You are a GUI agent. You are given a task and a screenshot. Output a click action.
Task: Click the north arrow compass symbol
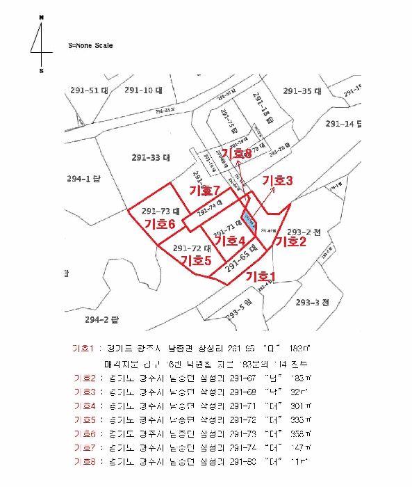(41, 43)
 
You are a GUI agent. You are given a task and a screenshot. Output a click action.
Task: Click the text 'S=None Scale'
(90, 46)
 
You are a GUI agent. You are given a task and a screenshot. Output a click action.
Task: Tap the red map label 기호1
(262, 276)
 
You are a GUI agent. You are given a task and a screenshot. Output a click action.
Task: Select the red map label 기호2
(291, 241)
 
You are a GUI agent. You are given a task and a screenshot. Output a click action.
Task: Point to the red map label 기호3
(277, 180)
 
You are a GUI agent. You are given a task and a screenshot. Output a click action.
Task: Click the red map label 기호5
(196, 260)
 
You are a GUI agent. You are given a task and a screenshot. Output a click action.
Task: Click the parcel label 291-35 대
(302, 91)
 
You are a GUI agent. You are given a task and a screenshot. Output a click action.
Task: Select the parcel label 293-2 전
(304, 232)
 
